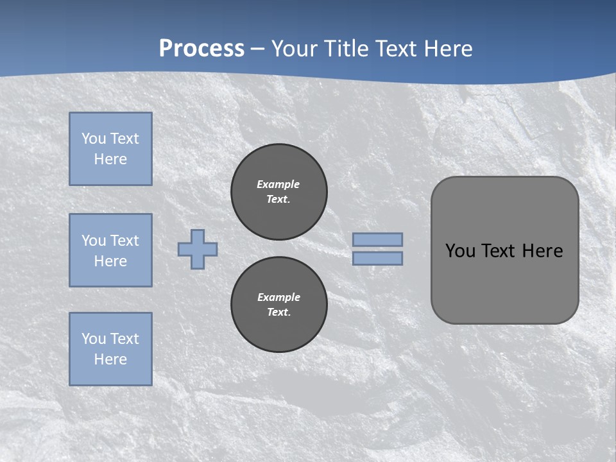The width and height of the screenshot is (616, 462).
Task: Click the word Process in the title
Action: [201, 49]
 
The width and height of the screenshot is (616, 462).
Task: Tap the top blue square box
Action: [110, 149]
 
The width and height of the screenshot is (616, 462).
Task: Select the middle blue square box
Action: [110, 250]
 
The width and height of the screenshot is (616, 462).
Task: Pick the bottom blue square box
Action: [110, 349]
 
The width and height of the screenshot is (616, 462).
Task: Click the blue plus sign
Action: [198, 249]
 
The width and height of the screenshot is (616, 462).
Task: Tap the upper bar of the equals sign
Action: [377, 240]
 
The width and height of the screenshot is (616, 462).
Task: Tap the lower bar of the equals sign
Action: [377, 258]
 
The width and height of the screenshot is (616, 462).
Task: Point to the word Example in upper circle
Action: [278, 184]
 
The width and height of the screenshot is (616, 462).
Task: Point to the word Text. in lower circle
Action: [278, 312]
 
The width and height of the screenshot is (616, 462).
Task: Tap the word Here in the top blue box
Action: [110, 159]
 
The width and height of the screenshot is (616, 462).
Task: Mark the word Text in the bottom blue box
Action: [124, 339]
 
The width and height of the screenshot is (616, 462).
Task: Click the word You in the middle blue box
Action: [94, 241]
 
